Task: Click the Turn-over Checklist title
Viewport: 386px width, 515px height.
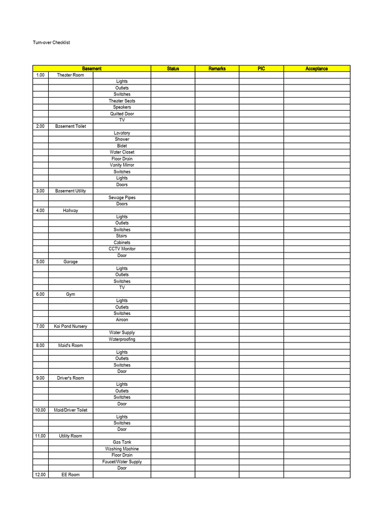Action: [x=51, y=43]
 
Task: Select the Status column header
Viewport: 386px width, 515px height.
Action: [x=173, y=69]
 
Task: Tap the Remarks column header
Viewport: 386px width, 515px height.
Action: [x=217, y=69]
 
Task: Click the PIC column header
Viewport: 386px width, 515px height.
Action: [x=261, y=69]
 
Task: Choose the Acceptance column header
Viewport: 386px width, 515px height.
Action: [x=317, y=69]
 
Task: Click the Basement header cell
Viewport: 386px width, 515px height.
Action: [x=92, y=69]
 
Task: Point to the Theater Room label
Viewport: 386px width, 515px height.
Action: [x=70, y=75]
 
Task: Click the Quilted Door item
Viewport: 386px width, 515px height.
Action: [x=122, y=114]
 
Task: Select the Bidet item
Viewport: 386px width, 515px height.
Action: [x=122, y=146]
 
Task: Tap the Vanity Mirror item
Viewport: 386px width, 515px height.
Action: [x=122, y=165]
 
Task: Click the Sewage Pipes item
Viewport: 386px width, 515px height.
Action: [x=122, y=198]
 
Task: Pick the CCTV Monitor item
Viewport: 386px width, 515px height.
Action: [x=122, y=249]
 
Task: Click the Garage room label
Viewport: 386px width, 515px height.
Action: [x=70, y=262]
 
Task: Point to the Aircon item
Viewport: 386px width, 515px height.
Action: [x=122, y=320]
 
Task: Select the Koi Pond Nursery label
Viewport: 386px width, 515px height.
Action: [x=70, y=326]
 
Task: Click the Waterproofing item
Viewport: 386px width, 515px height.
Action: [x=122, y=339]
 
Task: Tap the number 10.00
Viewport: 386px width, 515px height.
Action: [x=40, y=410]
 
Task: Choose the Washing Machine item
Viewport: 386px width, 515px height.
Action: [x=122, y=449]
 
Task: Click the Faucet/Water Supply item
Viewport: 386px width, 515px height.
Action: [x=122, y=462]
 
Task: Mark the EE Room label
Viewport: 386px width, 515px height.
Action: [x=70, y=475]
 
